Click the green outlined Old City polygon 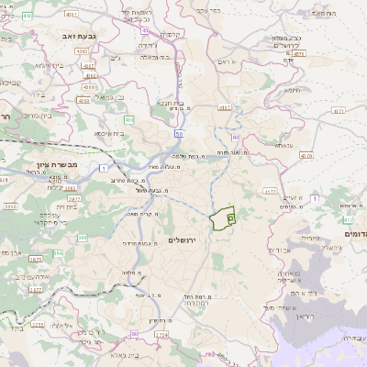(221, 219)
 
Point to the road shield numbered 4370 (305, 156)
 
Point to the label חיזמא (293, 90)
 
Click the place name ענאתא (283, 146)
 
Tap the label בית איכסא (108, 132)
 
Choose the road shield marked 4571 (339, 110)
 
